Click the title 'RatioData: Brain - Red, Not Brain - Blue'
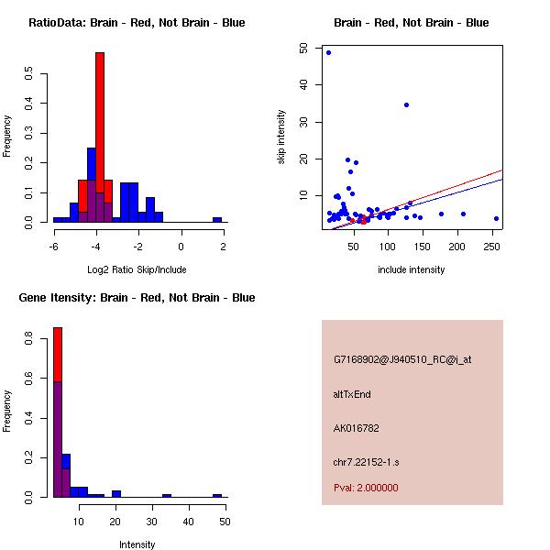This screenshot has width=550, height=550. click(x=137, y=22)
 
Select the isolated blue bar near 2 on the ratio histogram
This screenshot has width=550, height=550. click(x=217, y=220)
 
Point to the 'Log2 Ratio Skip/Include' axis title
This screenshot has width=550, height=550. click(x=137, y=269)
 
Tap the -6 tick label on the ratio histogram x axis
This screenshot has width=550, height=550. click(x=54, y=247)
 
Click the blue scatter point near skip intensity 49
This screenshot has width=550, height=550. click(x=328, y=52)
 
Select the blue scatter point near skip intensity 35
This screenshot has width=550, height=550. click(x=406, y=104)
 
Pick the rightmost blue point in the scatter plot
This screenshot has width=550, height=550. click(x=496, y=218)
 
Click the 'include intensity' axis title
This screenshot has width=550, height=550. click(x=412, y=269)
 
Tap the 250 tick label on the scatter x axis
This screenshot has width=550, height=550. click(x=492, y=247)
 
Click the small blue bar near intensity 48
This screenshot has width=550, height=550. click(x=217, y=495)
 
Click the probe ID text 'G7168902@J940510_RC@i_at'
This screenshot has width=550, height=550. click(x=402, y=360)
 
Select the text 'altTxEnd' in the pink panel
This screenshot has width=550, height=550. click(x=352, y=394)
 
